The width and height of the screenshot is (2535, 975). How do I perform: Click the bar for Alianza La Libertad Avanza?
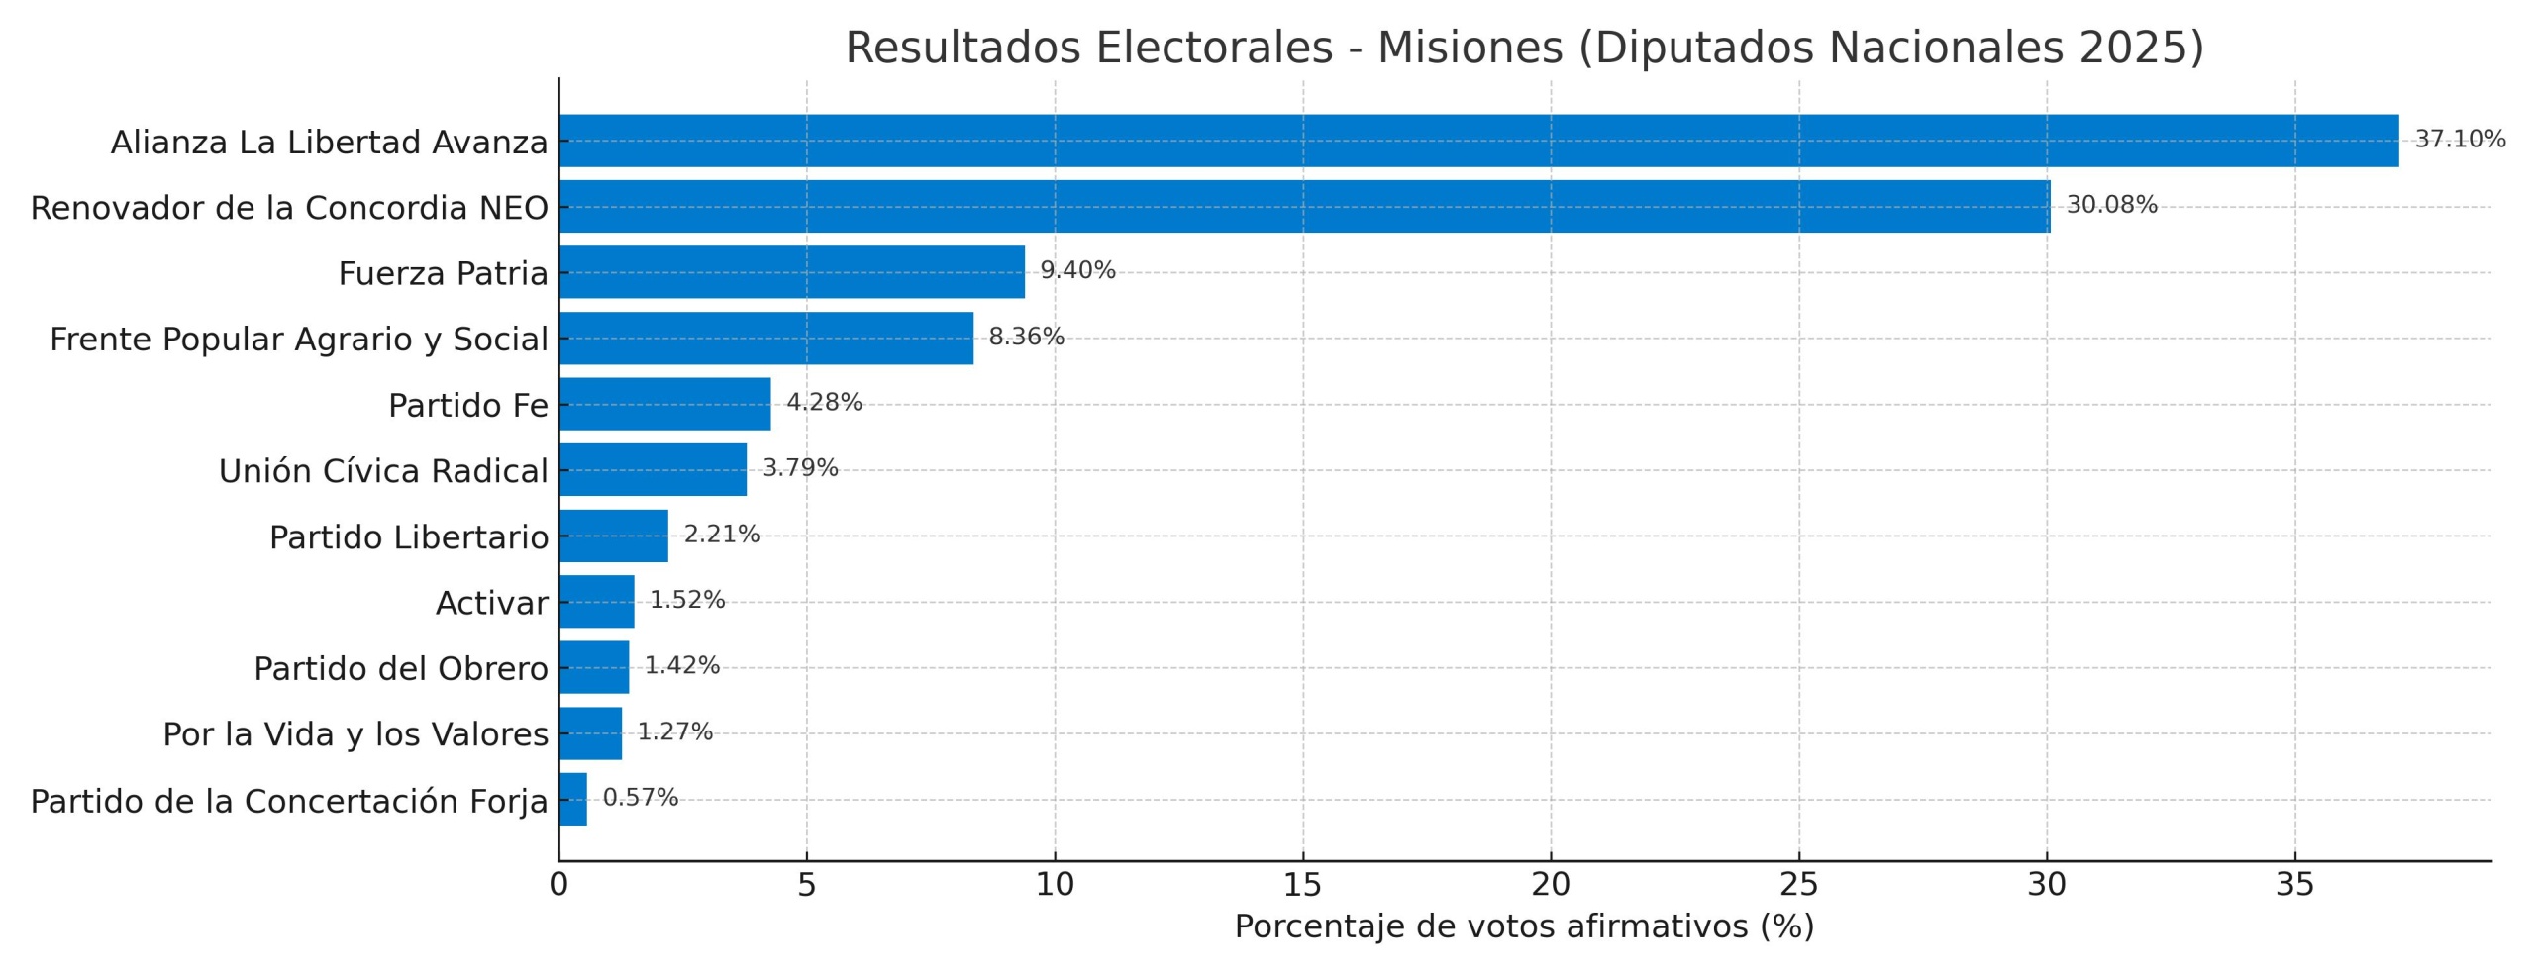tap(1477, 141)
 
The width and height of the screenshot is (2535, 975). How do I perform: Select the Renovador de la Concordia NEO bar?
tap(1303, 206)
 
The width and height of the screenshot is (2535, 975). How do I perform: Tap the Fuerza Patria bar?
tap(791, 272)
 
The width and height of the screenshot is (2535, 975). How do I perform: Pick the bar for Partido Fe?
tap(664, 404)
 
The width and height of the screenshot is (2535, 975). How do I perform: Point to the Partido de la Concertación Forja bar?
tap(572, 799)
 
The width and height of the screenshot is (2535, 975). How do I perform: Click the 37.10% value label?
tap(2460, 139)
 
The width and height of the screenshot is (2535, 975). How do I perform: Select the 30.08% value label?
tap(2111, 205)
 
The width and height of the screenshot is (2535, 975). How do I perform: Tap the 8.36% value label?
tap(1026, 337)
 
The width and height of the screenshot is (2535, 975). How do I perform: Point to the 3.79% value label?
tap(800, 468)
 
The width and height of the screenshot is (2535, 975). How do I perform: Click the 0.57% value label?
tap(640, 798)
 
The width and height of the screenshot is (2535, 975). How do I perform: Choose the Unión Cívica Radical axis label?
tap(383, 471)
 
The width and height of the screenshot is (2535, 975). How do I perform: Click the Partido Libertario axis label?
tap(408, 537)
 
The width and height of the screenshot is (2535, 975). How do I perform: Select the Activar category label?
tap(491, 603)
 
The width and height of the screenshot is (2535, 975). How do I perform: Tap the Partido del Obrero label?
tap(400, 669)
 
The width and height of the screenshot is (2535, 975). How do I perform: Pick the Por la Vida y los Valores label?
tap(355, 734)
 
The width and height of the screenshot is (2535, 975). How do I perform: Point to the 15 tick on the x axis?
tap(1302, 885)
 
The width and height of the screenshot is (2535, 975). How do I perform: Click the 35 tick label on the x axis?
tap(2294, 885)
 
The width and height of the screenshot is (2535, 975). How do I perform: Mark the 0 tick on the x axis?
tap(558, 885)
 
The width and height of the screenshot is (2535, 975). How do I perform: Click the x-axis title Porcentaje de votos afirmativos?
tap(1523, 926)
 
